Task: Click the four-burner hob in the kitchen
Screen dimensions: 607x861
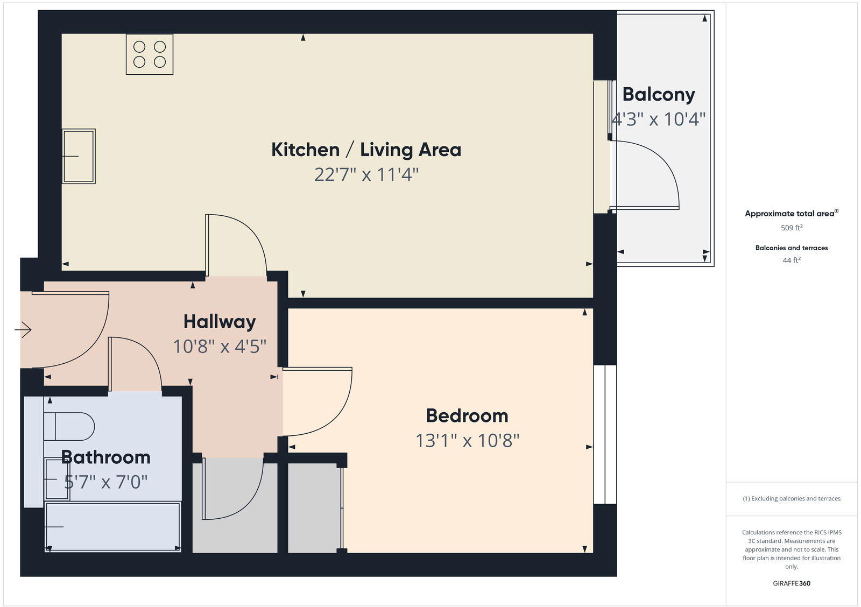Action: click(150, 54)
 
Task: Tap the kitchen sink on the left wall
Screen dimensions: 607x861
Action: click(79, 156)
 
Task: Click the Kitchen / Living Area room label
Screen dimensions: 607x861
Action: click(366, 150)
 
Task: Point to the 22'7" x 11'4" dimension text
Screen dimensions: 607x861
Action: click(366, 174)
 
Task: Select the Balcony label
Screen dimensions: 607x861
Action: click(659, 94)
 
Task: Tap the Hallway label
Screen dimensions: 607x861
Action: click(220, 321)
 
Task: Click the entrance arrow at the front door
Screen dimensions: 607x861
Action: click(23, 329)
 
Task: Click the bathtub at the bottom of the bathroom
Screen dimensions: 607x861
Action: click(112, 526)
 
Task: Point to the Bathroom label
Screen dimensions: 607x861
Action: click(105, 457)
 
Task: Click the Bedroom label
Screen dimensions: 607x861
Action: click(467, 415)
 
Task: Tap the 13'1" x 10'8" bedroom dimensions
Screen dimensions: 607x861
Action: click(467, 441)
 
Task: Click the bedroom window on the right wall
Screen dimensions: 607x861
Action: click(605, 434)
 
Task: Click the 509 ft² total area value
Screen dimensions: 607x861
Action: click(792, 228)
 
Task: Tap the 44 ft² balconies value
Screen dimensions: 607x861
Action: click(792, 260)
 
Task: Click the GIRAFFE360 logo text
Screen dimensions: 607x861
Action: click(792, 583)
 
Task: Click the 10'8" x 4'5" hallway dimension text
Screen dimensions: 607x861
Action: click(220, 346)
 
